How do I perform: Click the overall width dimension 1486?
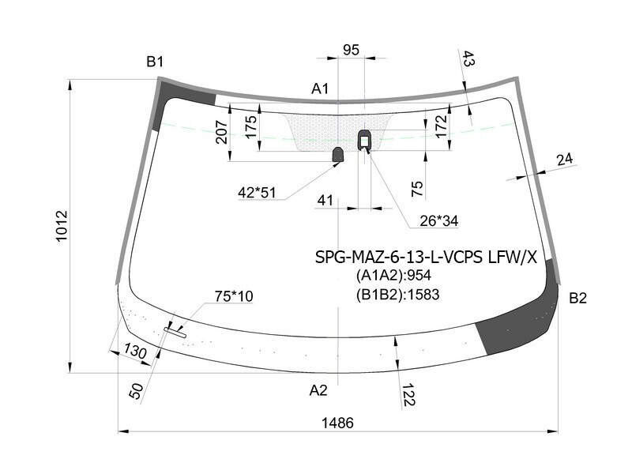(337, 423)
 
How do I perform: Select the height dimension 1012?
(62, 226)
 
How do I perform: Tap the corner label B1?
(155, 62)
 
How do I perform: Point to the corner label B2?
(577, 299)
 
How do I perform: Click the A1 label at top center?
(320, 88)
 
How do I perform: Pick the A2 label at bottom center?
(318, 390)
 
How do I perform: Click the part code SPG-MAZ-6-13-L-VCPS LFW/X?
(426, 257)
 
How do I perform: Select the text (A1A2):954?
(393, 275)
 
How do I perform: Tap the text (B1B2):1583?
(397, 295)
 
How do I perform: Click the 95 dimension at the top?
(351, 50)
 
